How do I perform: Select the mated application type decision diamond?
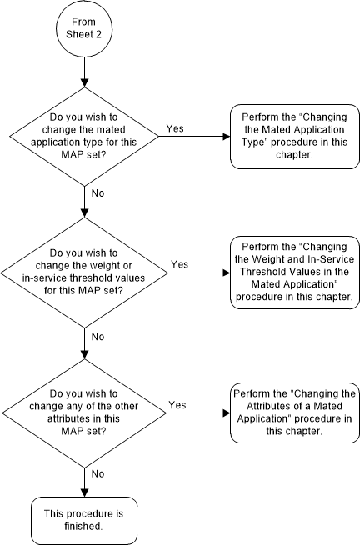[85, 137]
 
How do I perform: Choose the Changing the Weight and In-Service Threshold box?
[292, 272]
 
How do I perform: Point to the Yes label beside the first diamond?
[175, 129]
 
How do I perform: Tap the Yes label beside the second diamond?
[179, 264]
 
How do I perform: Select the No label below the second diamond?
[98, 337]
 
